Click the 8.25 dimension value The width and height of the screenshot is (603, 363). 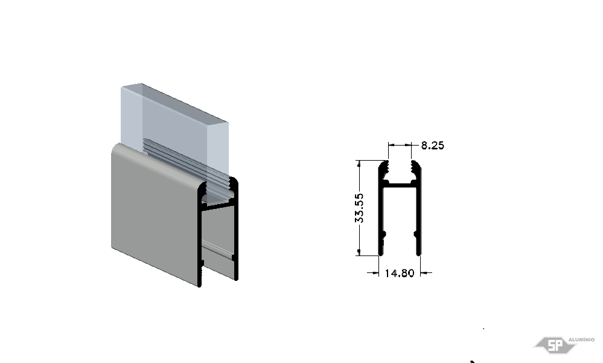tap(432, 145)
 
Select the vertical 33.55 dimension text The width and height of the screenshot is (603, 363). tap(359, 208)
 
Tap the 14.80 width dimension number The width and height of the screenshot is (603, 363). tap(400, 273)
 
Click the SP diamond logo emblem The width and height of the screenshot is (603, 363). tap(554, 345)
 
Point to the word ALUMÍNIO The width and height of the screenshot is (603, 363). tap(581, 339)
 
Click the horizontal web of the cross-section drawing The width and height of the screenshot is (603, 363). tap(400, 185)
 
